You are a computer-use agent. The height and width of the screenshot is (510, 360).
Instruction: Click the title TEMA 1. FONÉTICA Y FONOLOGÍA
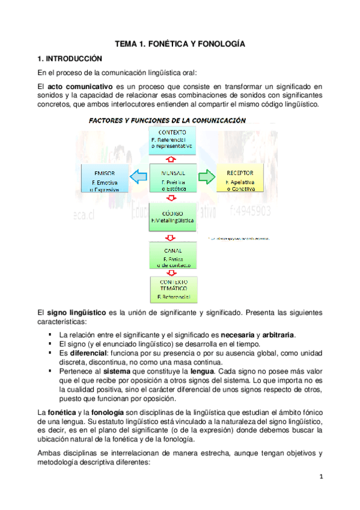(180, 44)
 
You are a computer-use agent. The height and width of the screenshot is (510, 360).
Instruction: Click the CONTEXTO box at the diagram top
(172, 138)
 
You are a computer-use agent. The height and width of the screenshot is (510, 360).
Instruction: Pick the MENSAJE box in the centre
(172, 177)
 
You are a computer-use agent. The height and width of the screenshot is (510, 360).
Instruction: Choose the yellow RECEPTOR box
(240, 177)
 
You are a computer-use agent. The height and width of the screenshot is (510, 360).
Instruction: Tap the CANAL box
(172, 256)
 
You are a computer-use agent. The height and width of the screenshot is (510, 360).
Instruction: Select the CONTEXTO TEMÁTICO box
(172, 289)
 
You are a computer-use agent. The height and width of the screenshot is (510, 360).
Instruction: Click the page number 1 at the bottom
(322, 477)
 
